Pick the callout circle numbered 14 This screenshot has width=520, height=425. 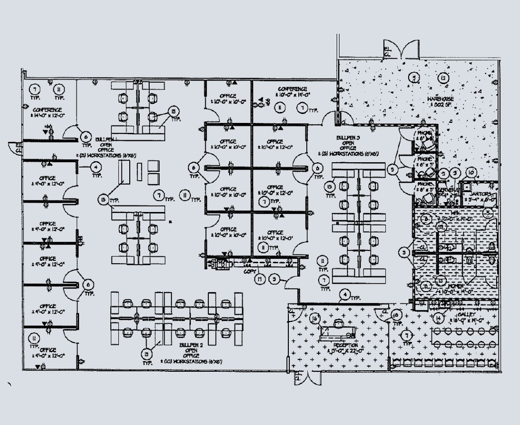click(x=437, y=318)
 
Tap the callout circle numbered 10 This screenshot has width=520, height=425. click(x=471, y=173)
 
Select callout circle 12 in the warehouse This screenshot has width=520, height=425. click(x=443, y=77)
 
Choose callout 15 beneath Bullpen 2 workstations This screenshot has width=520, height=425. click(x=146, y=354)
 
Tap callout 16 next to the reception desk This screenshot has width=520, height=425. click(x=314, y=318)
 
